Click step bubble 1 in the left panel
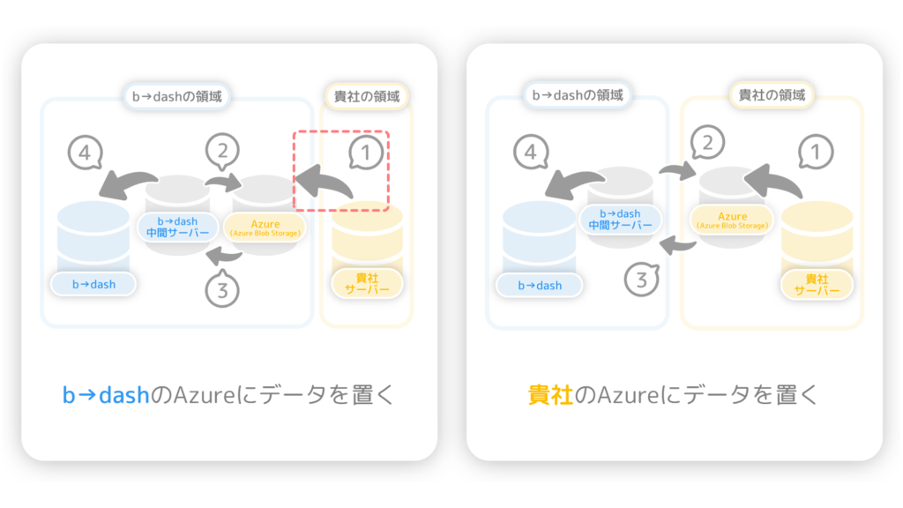click(366, 153)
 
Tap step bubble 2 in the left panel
click(222, 151)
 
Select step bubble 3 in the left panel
click(222, 289)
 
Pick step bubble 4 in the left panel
click(86, 153)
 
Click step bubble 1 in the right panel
click(816, 152)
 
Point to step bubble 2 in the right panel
click(707, 142)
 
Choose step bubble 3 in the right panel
click(642, 280)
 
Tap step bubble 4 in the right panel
click(531, 152)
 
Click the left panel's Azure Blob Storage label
click(265, 228)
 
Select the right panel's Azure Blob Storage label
click(732, 220)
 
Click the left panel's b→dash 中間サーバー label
click(177, 227)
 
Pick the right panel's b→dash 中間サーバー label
click(620, 220)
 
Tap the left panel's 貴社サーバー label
click(367, 283)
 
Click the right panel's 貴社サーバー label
click(817, 285)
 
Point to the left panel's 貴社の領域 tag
click(367, 96)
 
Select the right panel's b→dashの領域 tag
click(578, 95)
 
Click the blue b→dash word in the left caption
click(106, 395)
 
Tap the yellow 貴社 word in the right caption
click(550, 395)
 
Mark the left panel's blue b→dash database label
click(93, 284)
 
